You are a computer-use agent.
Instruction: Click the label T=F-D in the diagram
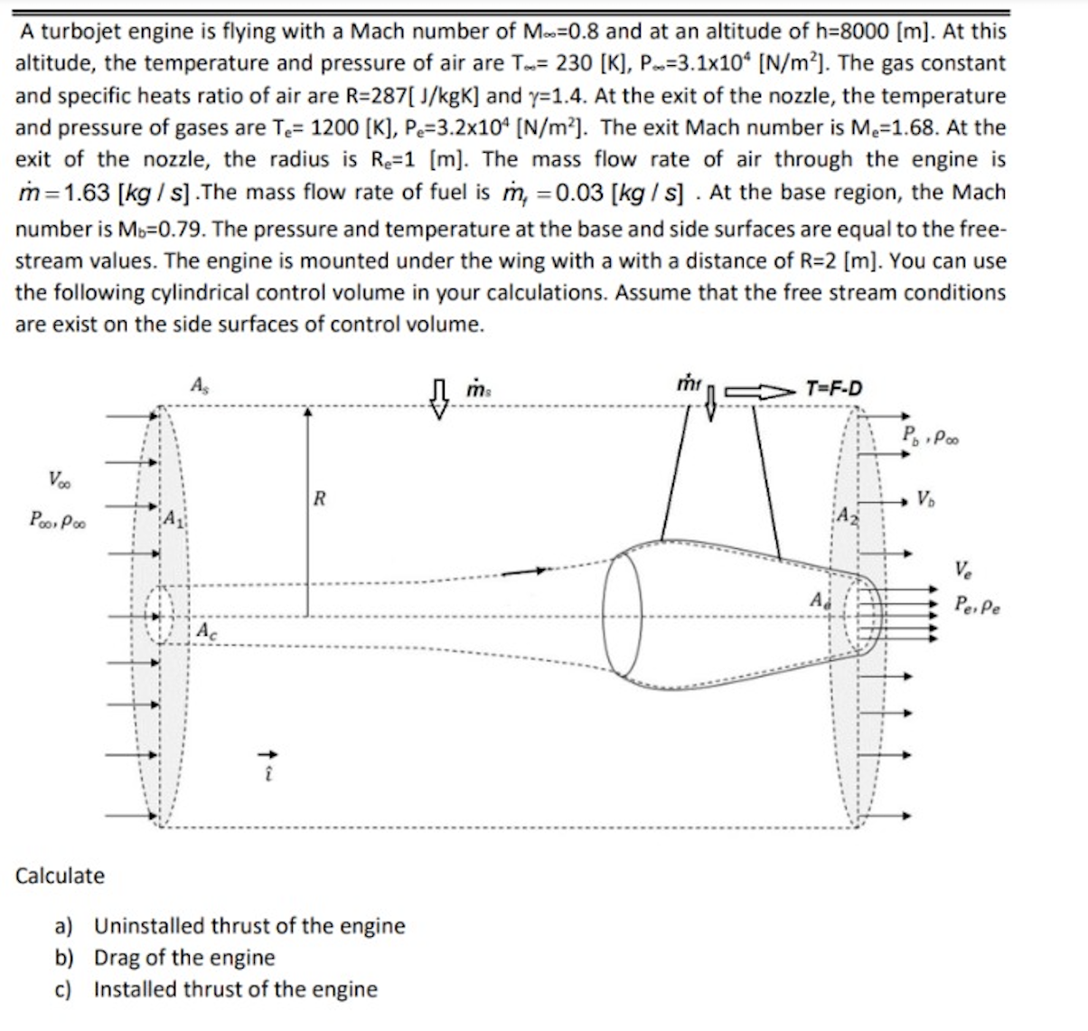click(833, 389)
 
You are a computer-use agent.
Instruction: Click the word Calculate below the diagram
click(61, 875)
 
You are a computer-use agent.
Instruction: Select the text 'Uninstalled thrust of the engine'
click(249, 926)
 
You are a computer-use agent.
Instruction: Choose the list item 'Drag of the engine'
click(184, 957)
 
